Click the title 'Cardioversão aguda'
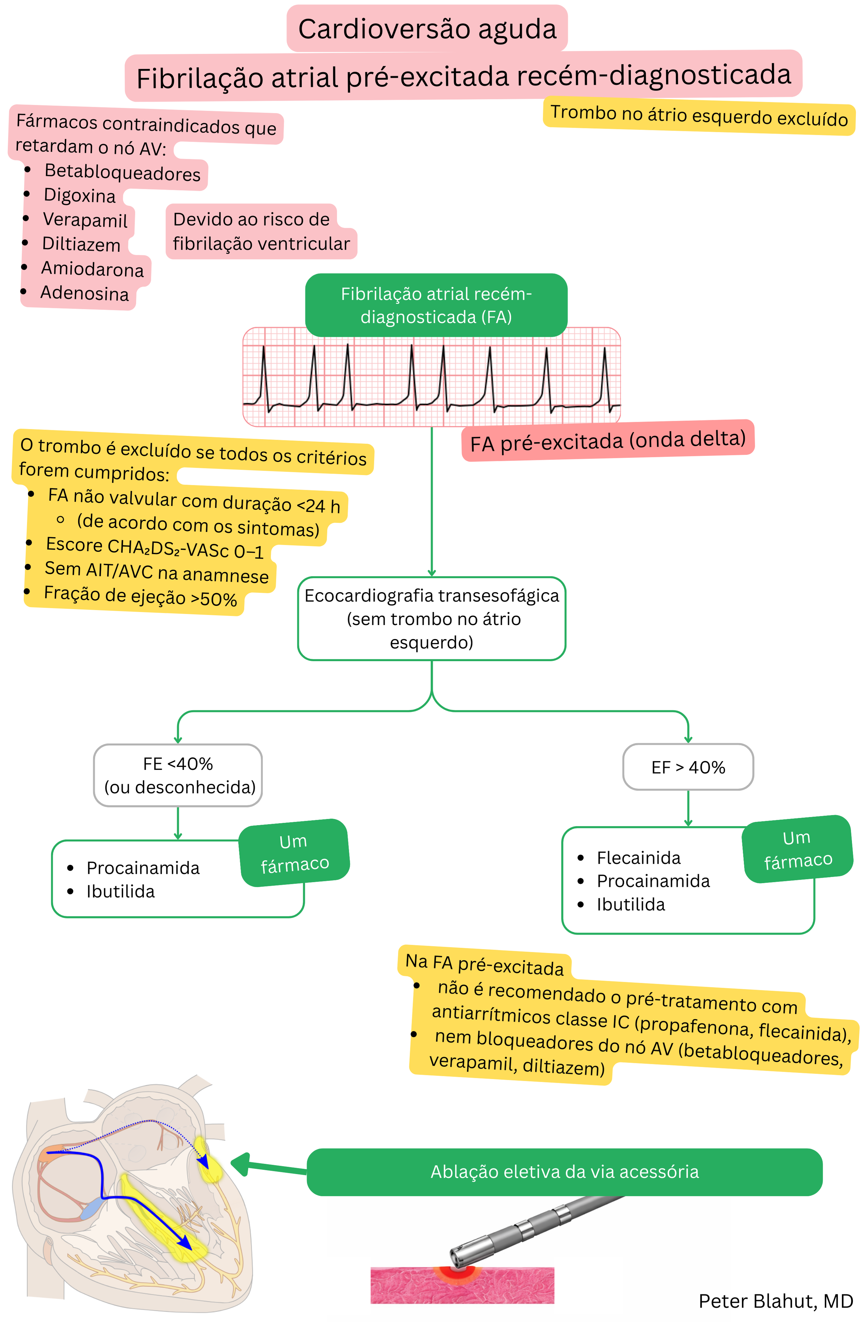point(427,29)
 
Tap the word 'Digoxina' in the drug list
point(79,196)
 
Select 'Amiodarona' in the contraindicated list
point(92,270)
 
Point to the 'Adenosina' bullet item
point(84,293)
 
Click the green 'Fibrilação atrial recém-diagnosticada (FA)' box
point(436,305)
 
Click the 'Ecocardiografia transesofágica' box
point(432,618)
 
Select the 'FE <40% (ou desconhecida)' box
point(178,775)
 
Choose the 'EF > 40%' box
point(688,767)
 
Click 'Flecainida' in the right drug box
point(638,858)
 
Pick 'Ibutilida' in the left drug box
point(121,892)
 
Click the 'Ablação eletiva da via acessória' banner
point(564,1172)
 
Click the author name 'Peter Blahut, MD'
point(775,1301)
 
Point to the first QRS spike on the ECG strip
point(263,372)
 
